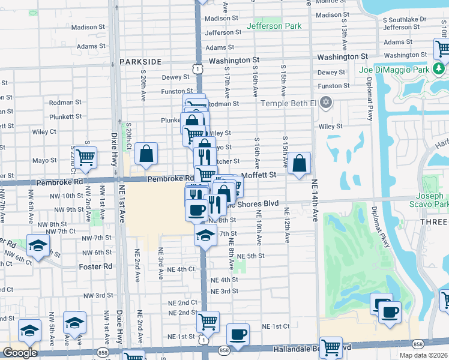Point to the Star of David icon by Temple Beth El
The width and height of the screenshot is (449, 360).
(x=326, y=103)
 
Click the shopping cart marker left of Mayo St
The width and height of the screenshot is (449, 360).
(x=85, y=157)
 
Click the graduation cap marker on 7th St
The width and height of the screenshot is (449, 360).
(x=205, y=235)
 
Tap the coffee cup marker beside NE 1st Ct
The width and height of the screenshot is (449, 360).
(x=238, y=334)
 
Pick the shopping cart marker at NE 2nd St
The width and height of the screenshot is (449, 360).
(x=207, y=321)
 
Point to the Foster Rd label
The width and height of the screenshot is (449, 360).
(x=95, y=266)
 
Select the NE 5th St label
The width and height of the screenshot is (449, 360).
(x=251, y=256)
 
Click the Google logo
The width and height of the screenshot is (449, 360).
(x=20, y=353)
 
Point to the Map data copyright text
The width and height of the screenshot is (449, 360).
(x=423, y=355)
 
